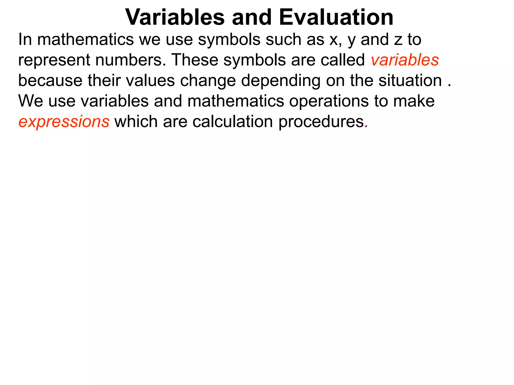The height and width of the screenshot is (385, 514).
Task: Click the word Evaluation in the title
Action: (336, 17)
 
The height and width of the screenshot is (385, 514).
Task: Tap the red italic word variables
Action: (405, 60)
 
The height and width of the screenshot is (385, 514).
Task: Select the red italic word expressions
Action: (64, 122)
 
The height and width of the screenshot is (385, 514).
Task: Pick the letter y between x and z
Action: (351, 41)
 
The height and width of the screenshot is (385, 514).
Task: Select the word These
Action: (195, 60)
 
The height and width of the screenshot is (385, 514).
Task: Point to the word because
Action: (50, 81)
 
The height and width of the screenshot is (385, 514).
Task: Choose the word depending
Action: (281, 81)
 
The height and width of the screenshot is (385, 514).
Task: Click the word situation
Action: (410, 81)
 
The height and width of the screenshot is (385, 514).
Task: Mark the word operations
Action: (329, 101)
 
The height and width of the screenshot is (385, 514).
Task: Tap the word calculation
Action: (232, 122)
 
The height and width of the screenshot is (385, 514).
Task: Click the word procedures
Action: (321, 122)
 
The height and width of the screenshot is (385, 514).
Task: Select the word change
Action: (208, 81)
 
